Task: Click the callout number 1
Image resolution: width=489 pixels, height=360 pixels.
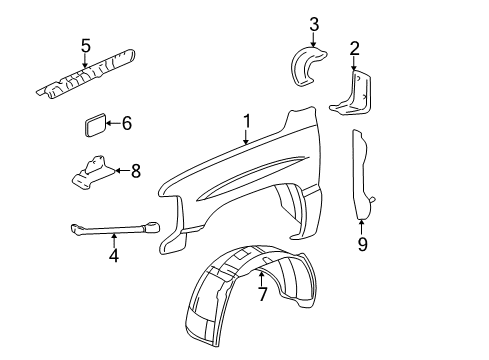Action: pos(245,122)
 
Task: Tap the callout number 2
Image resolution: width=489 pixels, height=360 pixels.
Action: pos(353,47)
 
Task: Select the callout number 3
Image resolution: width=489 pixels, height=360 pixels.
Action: pos(313,24)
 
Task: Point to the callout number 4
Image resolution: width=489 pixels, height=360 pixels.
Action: pos(114,255)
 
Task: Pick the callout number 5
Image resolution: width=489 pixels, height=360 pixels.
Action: pos(85,44)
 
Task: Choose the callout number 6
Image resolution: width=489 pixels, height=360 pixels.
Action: pos(126,124)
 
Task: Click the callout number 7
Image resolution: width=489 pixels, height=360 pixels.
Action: pos(262,294)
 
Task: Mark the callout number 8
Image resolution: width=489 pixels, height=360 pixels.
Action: pos(135,170)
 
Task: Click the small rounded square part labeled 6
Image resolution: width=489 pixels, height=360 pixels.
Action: pos(94,126)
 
